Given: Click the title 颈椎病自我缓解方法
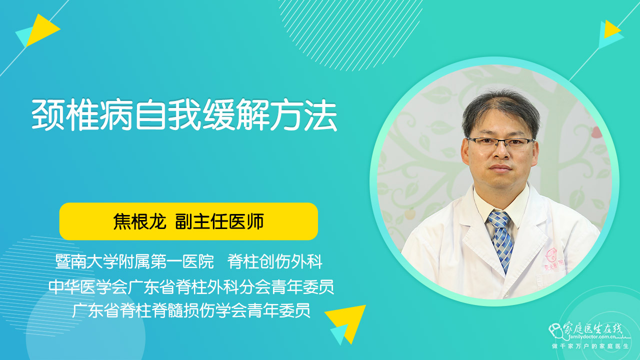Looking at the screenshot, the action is click(184, 115).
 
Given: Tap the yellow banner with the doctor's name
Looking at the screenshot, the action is click(188, 221).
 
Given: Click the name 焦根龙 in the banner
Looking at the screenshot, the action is click(139, 221).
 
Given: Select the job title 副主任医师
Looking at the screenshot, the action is click(219, 221).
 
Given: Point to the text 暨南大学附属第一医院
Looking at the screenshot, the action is click(134, 261).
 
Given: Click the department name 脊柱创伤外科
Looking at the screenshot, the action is click(275, 261).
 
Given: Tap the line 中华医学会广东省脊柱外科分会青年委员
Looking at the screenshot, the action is click(191, 286).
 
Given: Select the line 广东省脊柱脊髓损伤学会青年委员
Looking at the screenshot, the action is click(191, 310).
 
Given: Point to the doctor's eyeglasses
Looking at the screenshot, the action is click(500, 143).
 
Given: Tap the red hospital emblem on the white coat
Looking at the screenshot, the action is click(551, 255).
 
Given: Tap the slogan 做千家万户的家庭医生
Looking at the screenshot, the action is click(590, 346).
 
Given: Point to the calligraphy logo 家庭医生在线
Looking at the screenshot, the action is click(593, 329).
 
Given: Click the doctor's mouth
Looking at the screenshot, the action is click(500, 167).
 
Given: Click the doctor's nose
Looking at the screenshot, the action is click(501, 153).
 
